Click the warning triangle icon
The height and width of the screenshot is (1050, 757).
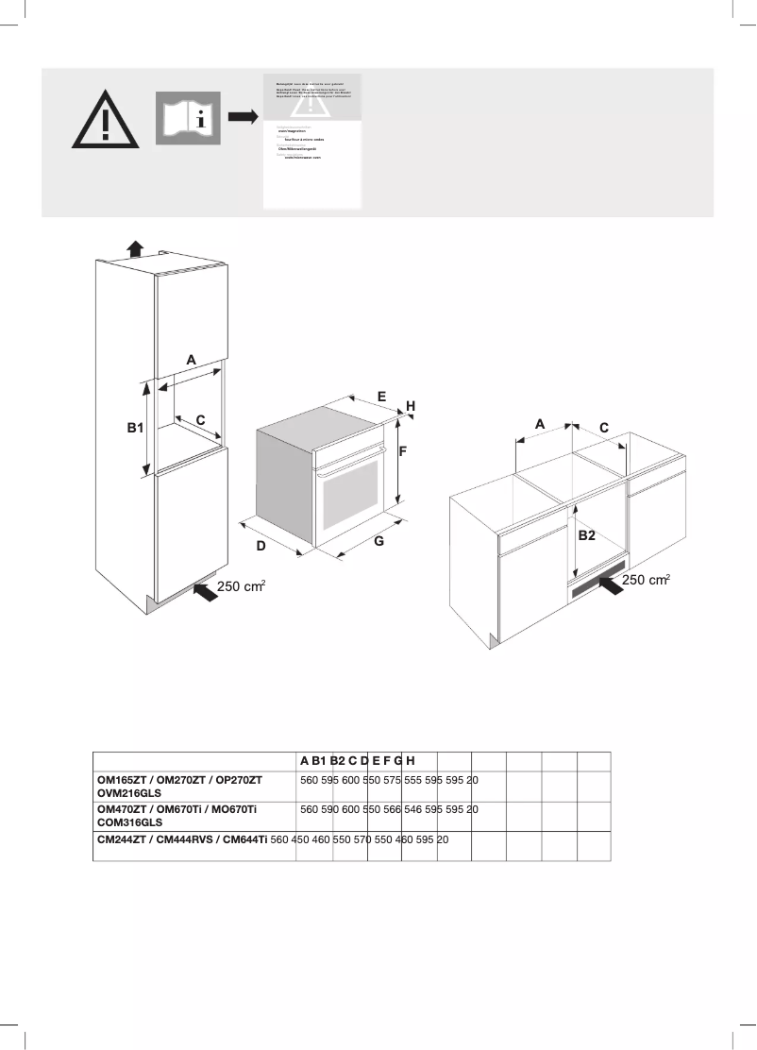106,120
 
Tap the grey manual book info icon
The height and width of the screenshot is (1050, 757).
188,118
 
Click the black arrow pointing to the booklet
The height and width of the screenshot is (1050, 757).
243,117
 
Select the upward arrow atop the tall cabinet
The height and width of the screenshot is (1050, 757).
135,248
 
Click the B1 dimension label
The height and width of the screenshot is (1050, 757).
135,428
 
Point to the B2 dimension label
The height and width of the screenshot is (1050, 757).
586,535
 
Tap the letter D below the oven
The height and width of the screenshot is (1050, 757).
261,546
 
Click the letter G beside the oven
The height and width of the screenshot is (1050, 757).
378,542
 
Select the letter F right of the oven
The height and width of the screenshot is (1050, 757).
402,452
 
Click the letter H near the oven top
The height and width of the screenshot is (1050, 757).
411,405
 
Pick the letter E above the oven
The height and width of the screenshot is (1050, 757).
382,397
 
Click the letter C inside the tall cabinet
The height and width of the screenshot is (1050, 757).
200,418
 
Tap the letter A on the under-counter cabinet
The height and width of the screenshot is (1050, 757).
540,425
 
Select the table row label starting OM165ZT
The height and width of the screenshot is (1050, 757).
179,781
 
